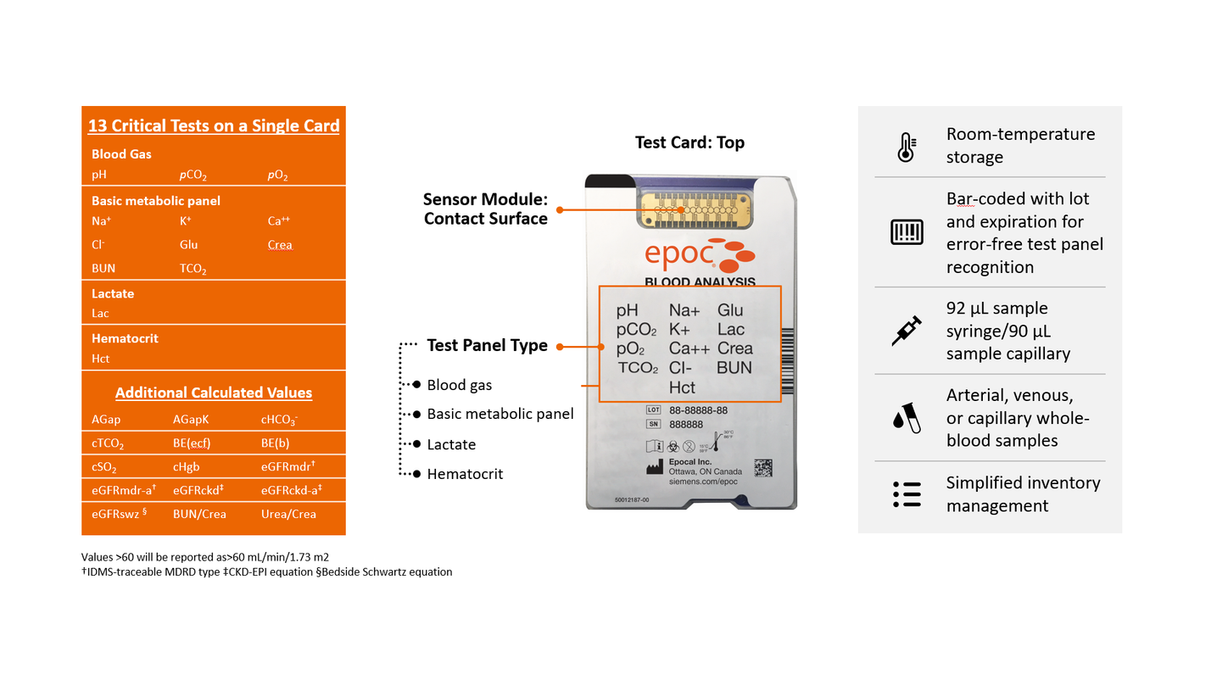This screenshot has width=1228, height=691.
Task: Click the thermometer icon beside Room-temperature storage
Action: pos(906,147)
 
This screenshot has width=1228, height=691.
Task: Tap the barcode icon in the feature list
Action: pos(907,231)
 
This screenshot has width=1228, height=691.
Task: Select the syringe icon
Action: pos(907,331)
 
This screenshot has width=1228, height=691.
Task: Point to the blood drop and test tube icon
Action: pos(907,418)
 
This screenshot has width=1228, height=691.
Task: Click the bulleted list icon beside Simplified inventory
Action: pos(907,494)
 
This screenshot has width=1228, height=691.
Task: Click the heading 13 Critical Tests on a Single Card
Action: pos(214,125)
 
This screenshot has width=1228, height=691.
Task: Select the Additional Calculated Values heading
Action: pos(214,393)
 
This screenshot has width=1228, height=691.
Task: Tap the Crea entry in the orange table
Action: pos(280,244)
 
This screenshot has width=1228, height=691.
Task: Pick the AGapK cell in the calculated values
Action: pos(191,419)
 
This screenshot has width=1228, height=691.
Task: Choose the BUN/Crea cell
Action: pos(199,514)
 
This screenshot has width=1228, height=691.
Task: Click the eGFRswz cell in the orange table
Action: pos(119,514)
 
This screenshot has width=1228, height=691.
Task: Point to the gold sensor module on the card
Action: pos(695,209)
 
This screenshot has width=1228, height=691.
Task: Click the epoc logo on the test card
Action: pos(700,255)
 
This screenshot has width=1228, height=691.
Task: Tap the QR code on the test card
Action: pos(763,469)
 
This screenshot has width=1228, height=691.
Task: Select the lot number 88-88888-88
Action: pos(699,410)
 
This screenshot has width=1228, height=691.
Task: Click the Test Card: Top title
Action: pos(689,142)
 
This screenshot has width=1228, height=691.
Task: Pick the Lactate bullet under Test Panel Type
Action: pos(451,444)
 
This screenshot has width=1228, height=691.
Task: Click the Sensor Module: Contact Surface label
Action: pos(485,209)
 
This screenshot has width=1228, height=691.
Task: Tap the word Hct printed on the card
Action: pos(682,387)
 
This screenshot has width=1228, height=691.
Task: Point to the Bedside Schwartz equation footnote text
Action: pos(383,572)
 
